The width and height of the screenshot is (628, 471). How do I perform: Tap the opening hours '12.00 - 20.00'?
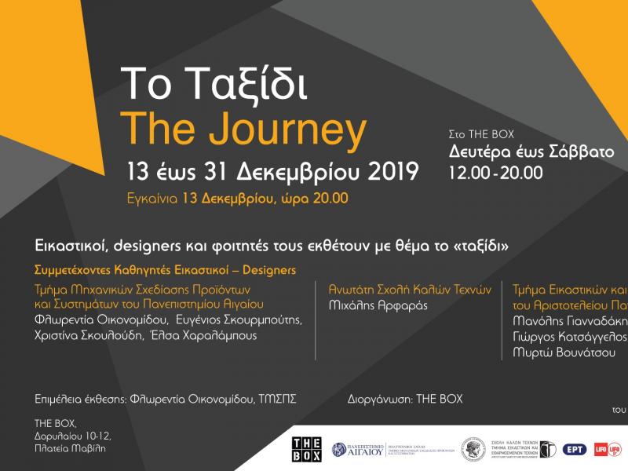pyautogui.click(x=495, y=172)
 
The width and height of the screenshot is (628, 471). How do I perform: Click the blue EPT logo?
pyautogui.click(x=574, y=450)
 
